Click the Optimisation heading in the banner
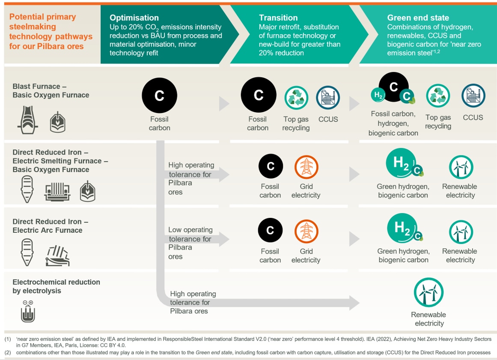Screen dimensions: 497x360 134,18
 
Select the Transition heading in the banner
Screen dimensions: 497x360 278,18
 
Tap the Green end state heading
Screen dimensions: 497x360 418,18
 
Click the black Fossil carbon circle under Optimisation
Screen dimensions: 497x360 159,95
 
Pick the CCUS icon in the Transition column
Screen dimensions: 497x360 328,98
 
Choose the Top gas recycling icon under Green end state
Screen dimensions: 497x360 438,96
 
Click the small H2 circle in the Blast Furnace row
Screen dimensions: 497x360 378,95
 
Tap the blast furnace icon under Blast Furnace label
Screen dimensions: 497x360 27,120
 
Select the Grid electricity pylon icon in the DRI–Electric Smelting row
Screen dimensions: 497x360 306,167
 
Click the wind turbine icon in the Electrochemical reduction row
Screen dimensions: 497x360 429,292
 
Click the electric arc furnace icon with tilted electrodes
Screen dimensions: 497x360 58,256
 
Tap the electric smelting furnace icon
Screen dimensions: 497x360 57,192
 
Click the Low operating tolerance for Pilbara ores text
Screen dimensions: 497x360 190,243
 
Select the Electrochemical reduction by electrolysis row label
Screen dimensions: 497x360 56,286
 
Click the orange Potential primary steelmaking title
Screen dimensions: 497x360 51,31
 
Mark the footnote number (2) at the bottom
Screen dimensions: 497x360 8,352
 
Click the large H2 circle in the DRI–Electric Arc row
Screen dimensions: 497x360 402,228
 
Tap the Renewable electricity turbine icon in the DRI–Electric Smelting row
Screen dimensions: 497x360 461,167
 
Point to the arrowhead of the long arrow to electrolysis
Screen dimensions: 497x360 354,303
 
